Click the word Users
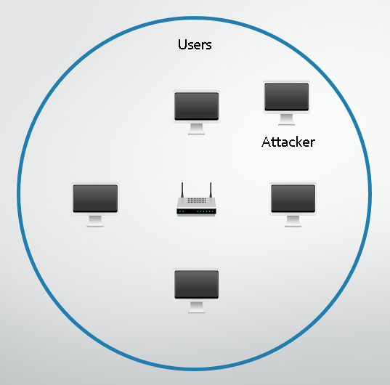pos(195,44)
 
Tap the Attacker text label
pos(288,142)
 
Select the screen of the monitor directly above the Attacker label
pos(287,97)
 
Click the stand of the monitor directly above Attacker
pos(287,120)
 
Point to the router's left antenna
pos(182,190)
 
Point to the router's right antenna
pos(211,190)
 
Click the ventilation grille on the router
pos(197,200)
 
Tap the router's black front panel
pos(196,211)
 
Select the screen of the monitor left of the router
pos(95,198)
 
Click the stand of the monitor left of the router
pos(95,221)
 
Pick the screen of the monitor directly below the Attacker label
pos(293,198)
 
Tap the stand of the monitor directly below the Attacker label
pos(293,221)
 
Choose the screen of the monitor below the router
pos(197,285)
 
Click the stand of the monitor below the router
pos(197,307)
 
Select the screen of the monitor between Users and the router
pos(197,106)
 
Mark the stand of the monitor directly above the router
pos(197,129)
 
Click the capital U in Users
pos(182,44)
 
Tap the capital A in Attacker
pos(267,142)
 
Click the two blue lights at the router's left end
pos(182,211)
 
